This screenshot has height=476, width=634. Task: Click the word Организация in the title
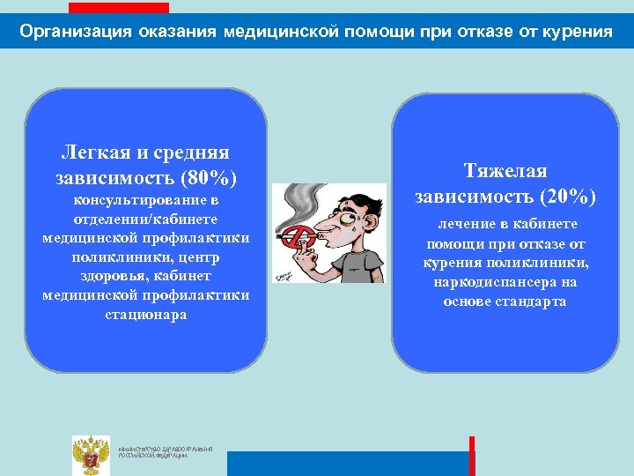(x=74, y=33)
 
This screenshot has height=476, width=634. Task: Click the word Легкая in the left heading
(x=92, y=153)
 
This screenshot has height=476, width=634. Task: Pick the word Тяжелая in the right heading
(x=505, y=171)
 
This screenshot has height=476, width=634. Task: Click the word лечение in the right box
(x=457, y=225)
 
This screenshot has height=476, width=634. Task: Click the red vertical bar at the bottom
(x=472, y=456)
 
